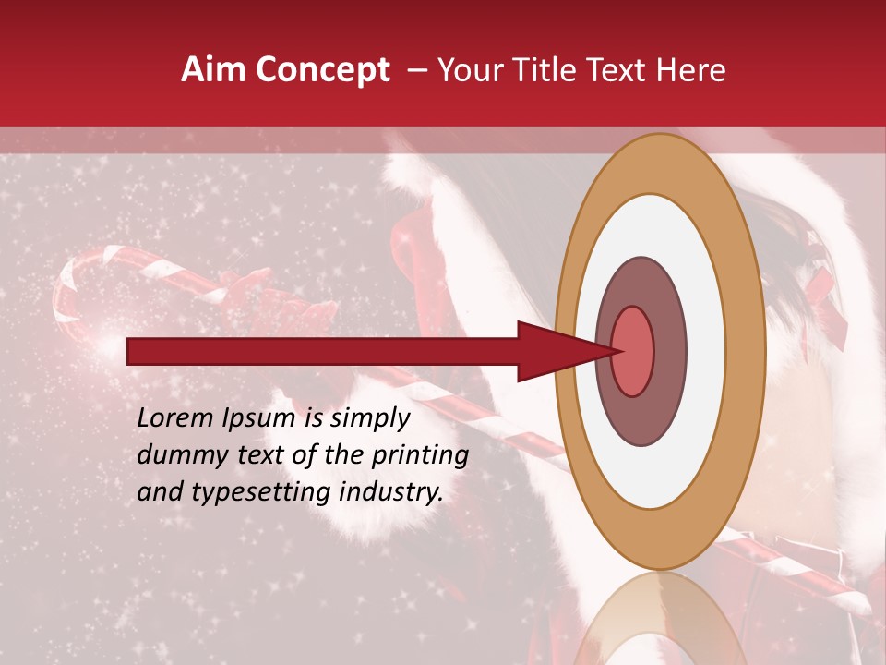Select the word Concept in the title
coord(323,70)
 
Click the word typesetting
coord(261,492)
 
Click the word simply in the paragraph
coord(370,418)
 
